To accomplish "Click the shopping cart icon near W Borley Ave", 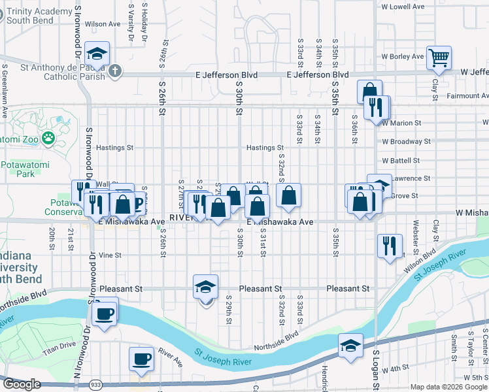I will (439, 57).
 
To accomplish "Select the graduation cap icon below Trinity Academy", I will (97, 55).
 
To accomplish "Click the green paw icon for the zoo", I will (48, 138).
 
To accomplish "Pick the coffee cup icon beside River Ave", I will (141, 359).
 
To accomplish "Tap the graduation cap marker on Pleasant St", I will (205, 287).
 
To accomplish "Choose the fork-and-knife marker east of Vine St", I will (390, 246).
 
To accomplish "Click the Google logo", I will (22, 385).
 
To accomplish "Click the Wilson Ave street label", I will (107, 24).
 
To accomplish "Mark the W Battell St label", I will (405, 159).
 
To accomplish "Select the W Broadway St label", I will (407, 141).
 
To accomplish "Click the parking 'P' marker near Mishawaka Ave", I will (137, 204).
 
